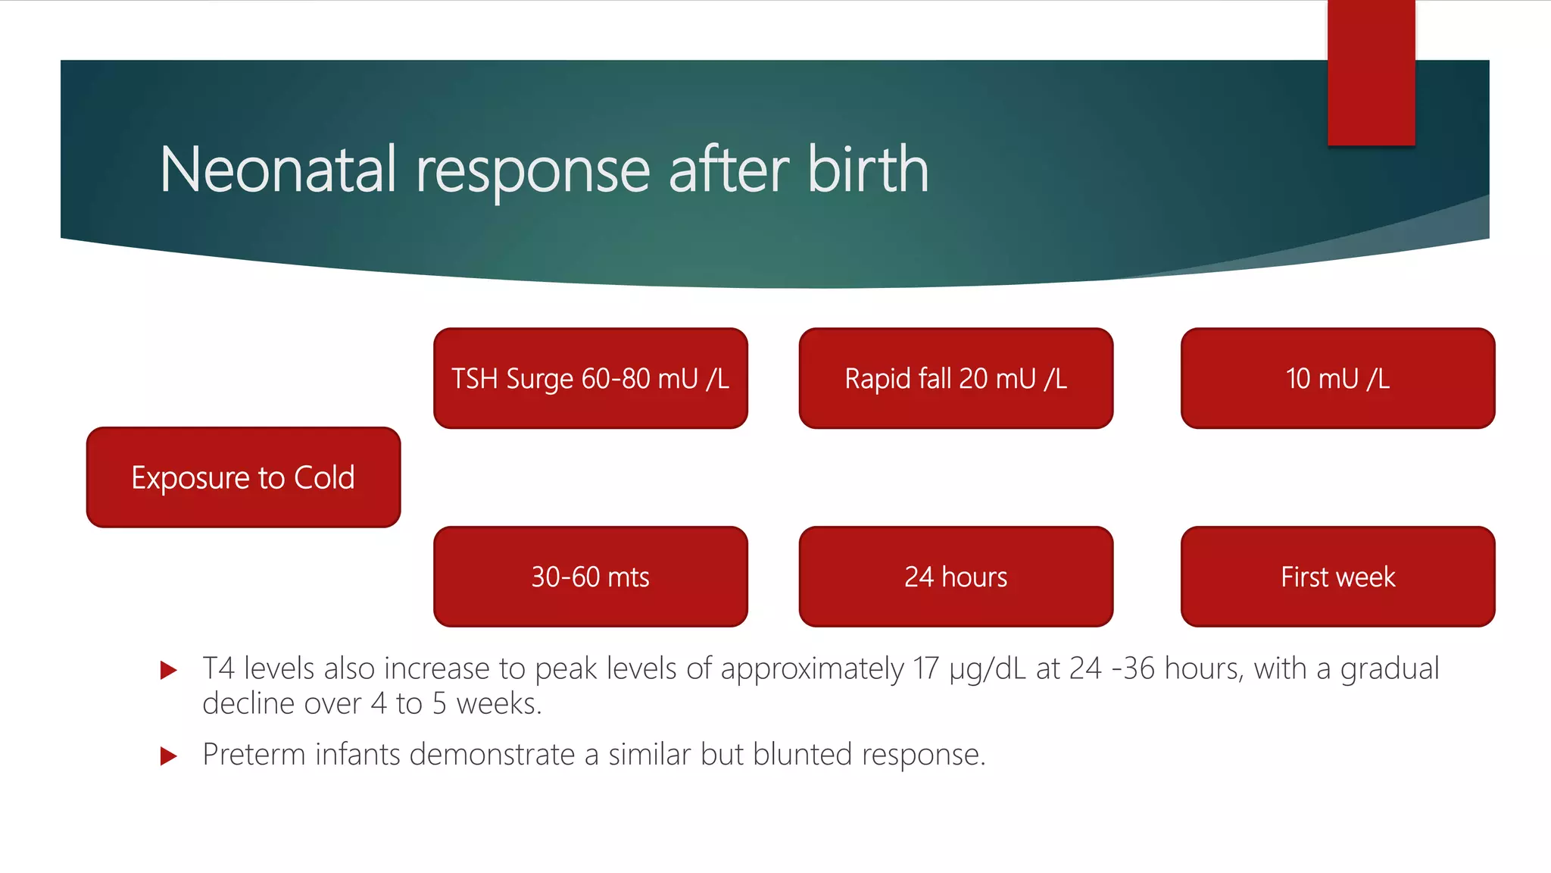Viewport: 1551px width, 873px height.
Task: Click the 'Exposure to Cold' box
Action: coord(243,477)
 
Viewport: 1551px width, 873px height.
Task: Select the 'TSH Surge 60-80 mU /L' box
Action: coord(590,378)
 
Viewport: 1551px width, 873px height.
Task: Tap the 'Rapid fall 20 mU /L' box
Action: coord(956,378)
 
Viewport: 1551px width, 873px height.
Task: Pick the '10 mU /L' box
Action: coord(1337,378)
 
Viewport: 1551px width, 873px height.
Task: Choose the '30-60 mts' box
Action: coord(590,577)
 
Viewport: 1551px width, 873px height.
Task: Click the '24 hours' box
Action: coord(956,577)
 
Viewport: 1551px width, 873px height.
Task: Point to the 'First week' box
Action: coord(1337,577)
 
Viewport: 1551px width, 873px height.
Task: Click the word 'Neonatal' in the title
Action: coord(278,170)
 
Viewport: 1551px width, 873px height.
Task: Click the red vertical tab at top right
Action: coord(1371,73)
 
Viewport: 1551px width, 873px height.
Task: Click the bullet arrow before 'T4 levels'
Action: coord(169,670)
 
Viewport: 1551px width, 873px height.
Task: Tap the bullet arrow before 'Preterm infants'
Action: coord(169,756)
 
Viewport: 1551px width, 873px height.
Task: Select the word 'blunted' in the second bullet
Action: coord(802,755)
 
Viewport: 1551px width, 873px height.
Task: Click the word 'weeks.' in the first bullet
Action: coord(499,704)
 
